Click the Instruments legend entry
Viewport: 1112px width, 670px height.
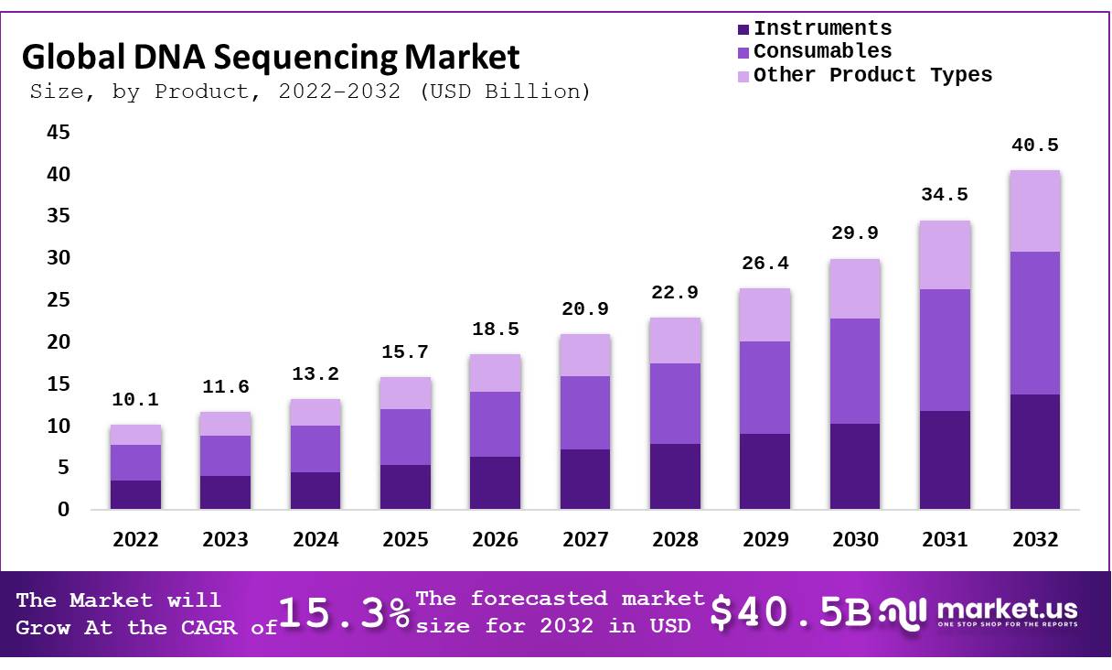click(821, 28)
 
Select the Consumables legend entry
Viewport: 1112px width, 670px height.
click(821, 51)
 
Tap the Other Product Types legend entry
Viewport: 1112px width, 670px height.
click(871, 75)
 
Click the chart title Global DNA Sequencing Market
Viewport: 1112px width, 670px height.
click(271, 57)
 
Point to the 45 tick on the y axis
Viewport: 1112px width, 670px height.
click(58, 133)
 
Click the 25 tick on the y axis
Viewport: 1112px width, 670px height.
click(58, 300)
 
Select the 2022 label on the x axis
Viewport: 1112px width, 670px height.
click(135, 540)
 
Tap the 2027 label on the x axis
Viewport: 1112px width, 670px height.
click(585, 540)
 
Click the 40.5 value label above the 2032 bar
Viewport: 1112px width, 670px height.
click(1034, 146)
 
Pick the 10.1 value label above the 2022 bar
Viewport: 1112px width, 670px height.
click(135, 400)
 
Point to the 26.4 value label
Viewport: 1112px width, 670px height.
click(764, 264)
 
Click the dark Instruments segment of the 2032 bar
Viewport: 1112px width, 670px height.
click(1034, 451)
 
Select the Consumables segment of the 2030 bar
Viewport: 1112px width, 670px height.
click(854, 371)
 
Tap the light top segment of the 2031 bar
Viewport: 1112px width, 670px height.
click(945, 254)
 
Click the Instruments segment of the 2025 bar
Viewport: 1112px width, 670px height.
click(405, 486)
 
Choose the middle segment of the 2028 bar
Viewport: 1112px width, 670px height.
click(675, 403)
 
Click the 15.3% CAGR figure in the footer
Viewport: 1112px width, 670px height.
click(345, 613)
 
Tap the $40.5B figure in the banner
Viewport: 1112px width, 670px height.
click(792, 613)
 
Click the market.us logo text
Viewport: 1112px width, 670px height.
click(1006, 610)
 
